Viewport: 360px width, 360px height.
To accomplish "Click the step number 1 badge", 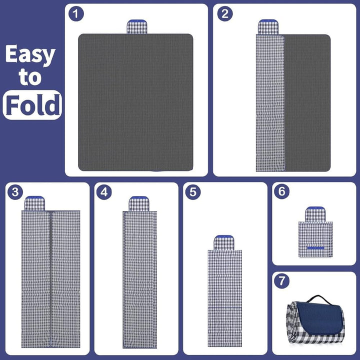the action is pos(76,14).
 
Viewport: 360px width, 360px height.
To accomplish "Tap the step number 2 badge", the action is pos(225,14).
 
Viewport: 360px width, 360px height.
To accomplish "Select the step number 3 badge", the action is pos(15,192).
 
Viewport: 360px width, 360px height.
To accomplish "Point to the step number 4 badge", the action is pos(104,192).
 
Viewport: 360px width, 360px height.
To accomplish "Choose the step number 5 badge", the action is pos(193,192).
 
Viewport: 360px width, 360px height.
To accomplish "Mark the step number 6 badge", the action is pos(282,191).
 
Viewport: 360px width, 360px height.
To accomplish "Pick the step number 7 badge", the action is pos(282,281).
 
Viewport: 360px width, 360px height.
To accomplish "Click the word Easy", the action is pos(30,54).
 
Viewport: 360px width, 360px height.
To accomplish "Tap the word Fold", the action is pos(33,105).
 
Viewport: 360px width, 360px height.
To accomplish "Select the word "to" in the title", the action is pos(30,77).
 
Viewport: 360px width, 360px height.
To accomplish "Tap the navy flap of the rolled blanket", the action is pos(318,317).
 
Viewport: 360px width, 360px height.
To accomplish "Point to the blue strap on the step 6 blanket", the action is pos(315,248).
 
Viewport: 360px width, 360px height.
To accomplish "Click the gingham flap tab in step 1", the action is pos(137,26).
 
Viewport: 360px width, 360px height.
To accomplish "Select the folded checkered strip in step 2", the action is pos(270,103).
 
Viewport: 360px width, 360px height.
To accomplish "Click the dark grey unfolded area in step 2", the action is pos(307,103).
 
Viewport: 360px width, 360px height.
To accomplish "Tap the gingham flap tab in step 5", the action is pos(224,242).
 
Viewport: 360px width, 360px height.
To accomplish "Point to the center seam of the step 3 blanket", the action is pos(50,279).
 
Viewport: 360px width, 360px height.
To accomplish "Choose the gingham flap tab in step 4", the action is pos(139,204).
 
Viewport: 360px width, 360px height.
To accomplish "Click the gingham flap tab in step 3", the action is pos(34,203).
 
